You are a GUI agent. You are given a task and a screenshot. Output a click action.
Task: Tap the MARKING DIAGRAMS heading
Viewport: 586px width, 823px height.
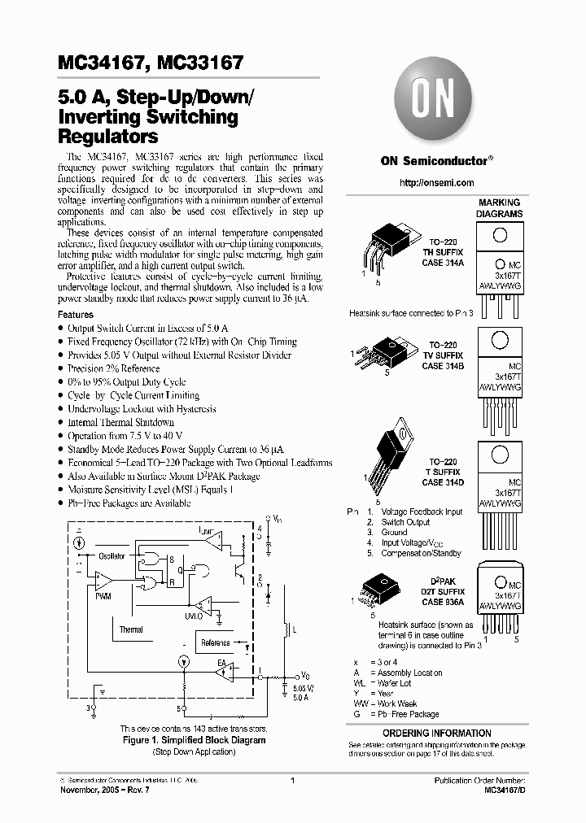[500, 208]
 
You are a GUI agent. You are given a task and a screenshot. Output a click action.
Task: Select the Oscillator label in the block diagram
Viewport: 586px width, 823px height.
[112, 556]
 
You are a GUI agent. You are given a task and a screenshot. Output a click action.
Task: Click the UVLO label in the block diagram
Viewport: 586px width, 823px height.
[193, 616]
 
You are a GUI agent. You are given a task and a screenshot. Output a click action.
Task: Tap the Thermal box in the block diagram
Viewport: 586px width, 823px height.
[131, 629]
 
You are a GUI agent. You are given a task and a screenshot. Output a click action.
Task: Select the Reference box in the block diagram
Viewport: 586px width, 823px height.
[216, 642]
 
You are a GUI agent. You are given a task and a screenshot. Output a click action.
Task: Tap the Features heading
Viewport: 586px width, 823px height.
[76, 314]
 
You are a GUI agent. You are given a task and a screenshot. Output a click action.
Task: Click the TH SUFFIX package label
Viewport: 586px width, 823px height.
[442, 252]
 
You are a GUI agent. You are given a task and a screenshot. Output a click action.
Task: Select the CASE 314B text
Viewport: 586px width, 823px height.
[443, 367]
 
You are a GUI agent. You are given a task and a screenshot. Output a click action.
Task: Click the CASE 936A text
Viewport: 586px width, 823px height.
[442, 602]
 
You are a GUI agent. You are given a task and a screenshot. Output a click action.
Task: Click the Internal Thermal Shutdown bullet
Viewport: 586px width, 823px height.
[120, 422]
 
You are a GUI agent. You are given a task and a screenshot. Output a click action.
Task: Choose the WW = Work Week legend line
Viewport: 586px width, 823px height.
[385, 703]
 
